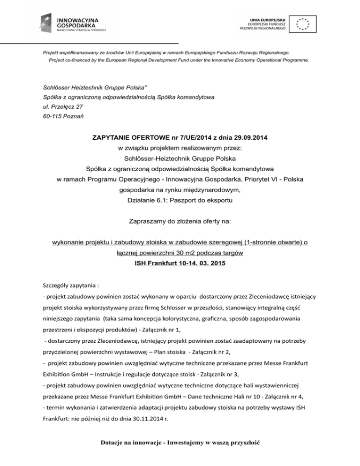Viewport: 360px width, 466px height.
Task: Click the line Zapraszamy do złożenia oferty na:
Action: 180,221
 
